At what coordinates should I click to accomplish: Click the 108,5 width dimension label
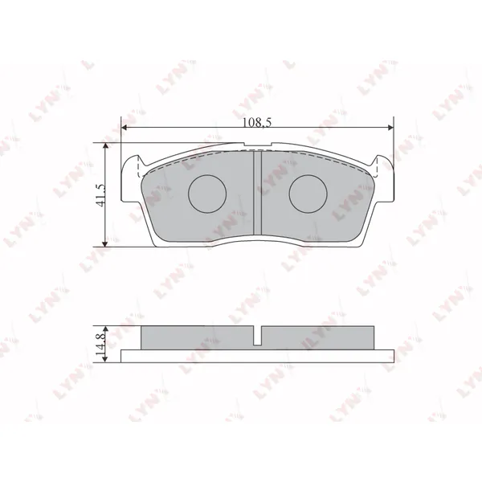[257, 123]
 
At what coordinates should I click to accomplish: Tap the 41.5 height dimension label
[101, 195]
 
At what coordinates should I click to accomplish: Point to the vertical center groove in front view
[257, 193]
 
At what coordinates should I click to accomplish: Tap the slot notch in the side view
[257, 335]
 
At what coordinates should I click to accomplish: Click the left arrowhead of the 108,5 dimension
[125, 128]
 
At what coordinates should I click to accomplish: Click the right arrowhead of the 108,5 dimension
[390, 128]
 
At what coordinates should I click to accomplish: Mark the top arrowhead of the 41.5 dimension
[105, 145]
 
